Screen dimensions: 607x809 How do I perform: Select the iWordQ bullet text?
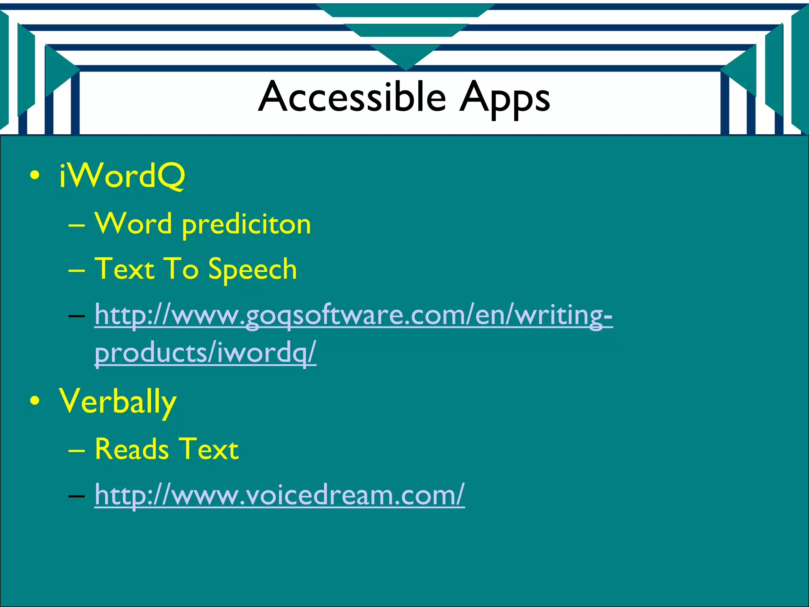pos(122,176)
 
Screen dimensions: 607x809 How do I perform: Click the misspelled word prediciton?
pos(246,225)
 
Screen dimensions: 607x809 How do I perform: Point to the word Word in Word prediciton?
pos(134,223)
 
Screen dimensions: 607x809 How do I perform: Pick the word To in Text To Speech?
pos(181,269)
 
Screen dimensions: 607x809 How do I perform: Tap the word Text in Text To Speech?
pos(124,269)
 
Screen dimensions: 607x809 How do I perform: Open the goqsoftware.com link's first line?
pos(354,315)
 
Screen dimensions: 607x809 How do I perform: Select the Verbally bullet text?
pos(118,402)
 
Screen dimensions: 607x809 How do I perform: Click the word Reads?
pos(132,449)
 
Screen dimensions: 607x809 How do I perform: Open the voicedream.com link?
pos(279,495)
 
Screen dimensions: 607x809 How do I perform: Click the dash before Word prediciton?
pos(76,225)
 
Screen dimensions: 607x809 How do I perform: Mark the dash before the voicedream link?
pos(76,496)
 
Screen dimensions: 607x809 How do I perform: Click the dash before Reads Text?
pos(76,451)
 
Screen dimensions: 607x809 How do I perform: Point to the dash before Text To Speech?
pos(76,271)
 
